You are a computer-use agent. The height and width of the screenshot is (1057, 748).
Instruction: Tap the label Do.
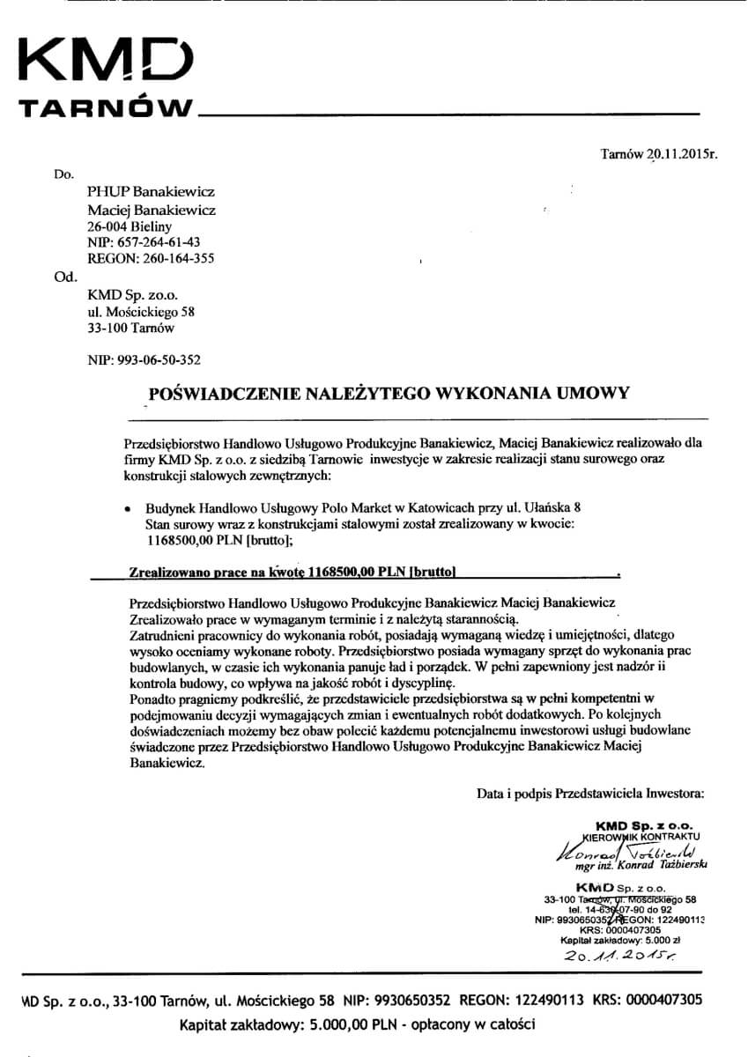[63, 174]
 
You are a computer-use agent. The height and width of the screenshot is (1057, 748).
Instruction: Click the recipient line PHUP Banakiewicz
[151, 191]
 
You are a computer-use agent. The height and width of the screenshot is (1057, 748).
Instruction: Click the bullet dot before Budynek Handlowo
[129, 510]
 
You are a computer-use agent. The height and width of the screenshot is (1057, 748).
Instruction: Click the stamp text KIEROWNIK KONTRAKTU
[644, 835]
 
